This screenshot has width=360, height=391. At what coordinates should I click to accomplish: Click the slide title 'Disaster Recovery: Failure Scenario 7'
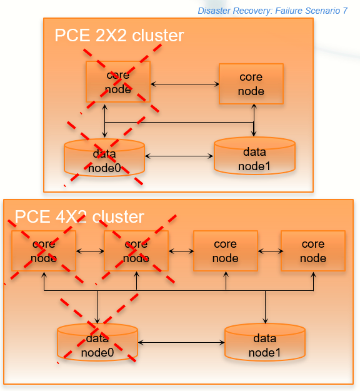pyautogui.click(x=272, y=11)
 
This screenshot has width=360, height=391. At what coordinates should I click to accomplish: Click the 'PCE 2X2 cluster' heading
pyautogui.click(x=119, y=35)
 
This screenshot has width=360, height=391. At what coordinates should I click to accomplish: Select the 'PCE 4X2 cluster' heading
pyautogui.click(x=79, y=216)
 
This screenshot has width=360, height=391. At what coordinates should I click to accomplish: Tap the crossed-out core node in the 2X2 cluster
pyautogui.click(x=118, y=82)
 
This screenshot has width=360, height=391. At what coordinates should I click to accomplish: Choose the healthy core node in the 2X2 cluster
pyautogui.click(x=251, y=84)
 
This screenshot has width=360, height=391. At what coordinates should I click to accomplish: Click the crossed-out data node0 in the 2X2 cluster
pyautogui.click(x=104, y=158)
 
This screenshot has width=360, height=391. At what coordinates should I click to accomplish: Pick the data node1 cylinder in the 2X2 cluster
pyautogui.click(x=254, y=156)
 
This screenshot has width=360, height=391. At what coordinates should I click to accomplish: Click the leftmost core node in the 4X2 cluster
pyautogui.click(x=43, y=251)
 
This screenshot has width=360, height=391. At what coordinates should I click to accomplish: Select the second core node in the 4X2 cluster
pyautogui.click(x=136, y=251)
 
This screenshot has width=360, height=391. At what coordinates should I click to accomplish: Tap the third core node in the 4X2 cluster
pyautogui.click(x=225, y=251)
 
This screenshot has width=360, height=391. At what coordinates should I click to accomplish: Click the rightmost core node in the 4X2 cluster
pyautogui.click(x=312, y=251)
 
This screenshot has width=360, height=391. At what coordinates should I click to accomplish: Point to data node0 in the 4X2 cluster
pyautogui.click(x=97, y=344)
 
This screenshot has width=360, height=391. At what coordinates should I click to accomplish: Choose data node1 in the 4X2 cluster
pyautogui.click(x=265, y=343)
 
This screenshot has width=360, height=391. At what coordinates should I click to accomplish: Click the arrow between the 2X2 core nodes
pyautogui.click(x=184, y=84)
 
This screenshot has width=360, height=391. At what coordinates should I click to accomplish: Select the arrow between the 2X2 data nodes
pyautogui.click(x=179, y=156)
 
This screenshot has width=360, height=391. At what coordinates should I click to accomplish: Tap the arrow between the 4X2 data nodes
pyautogui.click(x=181, y=343)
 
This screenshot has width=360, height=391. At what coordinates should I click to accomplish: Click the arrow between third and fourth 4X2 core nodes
pyautogui.click(x=269, y=251)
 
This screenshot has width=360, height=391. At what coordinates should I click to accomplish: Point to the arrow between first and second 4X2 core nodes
pyautogui.click(x=90, y=251)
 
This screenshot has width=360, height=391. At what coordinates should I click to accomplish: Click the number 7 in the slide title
pyautogui.click(x=344, y=11)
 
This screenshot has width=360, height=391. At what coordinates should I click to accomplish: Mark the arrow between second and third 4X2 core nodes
pyautogui.click(x=181, y=251)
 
